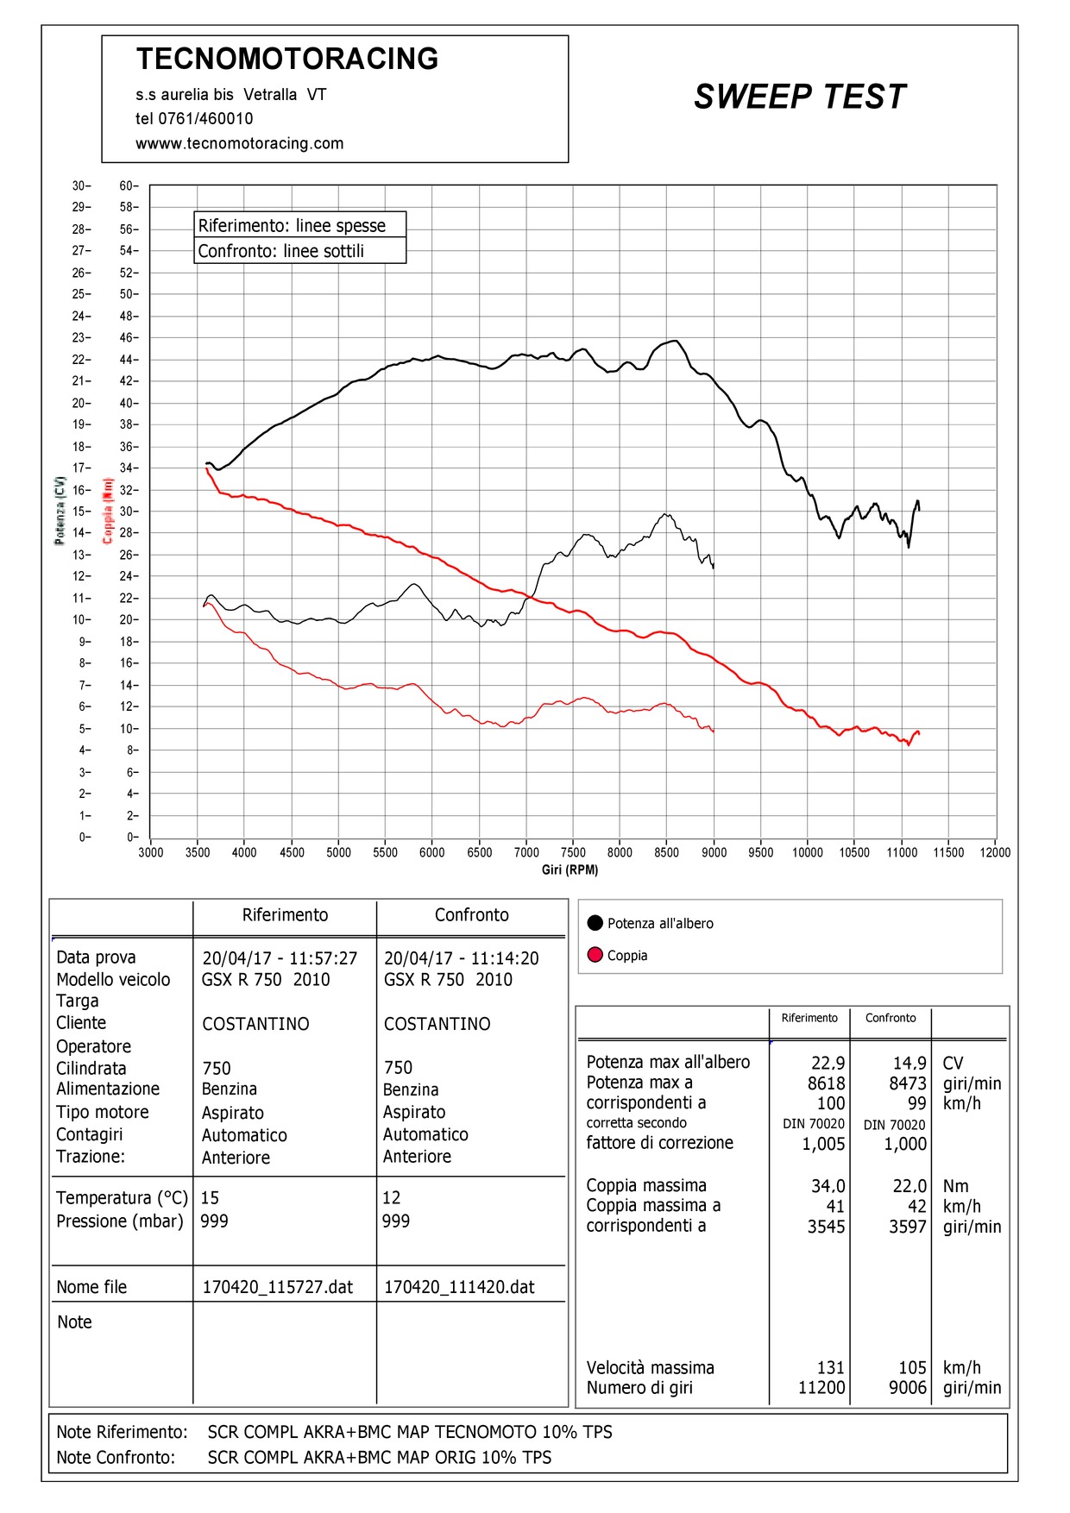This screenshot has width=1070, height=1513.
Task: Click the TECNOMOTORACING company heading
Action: tap(287, 59)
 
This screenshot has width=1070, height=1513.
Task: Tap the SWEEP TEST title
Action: tap(800, 97)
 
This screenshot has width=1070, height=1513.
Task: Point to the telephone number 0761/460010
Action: tap(205, 119)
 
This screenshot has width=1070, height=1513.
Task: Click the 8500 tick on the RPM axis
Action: tap(666, 852)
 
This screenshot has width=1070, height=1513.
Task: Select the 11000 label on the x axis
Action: tap(902, 852)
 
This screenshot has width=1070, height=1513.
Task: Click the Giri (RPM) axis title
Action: tap(570, 870)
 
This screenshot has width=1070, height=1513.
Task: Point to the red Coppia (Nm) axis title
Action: tap(108, 511)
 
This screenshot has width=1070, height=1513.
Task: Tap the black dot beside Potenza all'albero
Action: tap(595, 923)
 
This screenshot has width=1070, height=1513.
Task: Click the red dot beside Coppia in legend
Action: tap(595, 955)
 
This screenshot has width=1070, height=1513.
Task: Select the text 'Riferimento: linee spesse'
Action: tap(292, 226)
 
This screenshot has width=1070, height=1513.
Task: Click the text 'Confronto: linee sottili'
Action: tap(281, 251)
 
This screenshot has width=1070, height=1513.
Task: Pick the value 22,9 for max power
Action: tap(828, 1063)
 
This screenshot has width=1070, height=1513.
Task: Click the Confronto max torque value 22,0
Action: tap(909, 1186)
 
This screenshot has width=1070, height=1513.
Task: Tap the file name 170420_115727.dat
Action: tap(278, 1287)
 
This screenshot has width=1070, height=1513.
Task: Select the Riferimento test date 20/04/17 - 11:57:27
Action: tap(280, 958)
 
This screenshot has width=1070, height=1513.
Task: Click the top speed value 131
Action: tap(831, 1367)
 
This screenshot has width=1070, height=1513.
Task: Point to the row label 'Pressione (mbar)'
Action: tap(120, 1221)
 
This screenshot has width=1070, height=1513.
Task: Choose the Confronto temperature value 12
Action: tap(391, 1197)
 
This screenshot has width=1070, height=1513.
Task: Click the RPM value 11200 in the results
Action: tap(821, 1387)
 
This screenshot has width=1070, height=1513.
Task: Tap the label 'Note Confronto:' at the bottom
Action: tap(116, 1457)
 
